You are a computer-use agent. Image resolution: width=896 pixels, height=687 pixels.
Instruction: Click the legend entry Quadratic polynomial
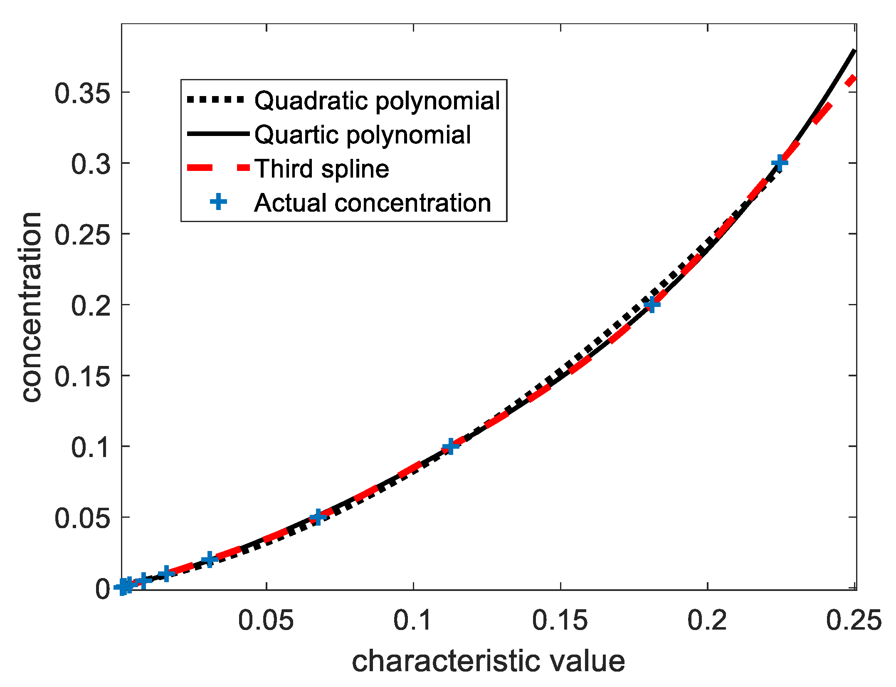(377, 101)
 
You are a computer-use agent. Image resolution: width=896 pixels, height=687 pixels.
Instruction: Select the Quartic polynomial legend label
(362, 135)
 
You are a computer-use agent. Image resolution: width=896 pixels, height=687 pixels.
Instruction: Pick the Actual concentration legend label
(372, 203)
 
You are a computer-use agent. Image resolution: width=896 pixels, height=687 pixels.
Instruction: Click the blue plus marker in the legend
(218, 203)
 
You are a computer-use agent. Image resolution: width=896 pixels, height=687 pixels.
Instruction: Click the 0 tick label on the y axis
(103, 589)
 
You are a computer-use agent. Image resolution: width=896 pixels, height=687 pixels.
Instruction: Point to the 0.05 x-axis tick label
(266, 620)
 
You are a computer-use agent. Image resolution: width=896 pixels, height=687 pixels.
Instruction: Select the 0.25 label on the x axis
(853, 620)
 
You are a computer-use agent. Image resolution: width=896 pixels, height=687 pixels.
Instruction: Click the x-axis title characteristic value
(488, 662)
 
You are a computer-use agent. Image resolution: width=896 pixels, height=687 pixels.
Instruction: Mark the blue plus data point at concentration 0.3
(779, 163)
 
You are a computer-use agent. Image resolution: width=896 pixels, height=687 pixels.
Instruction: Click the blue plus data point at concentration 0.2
(652, 304)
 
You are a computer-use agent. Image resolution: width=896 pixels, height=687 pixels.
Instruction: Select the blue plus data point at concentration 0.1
(450, 447)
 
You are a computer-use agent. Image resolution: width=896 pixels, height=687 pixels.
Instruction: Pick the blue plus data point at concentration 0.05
(318, 517)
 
